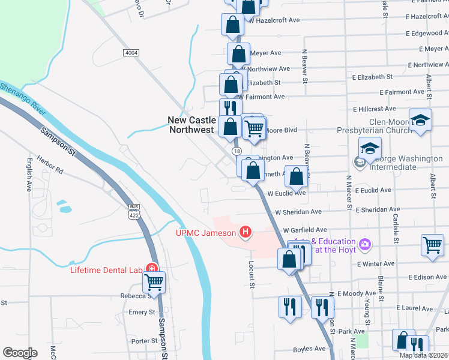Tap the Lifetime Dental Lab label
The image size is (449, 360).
(x=106, y=269)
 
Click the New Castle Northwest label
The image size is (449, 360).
(x=191, y=125)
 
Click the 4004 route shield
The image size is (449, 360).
(x=131, y=53)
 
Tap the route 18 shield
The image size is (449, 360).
(x=237, y=151)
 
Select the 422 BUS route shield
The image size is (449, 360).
(x=133, y=211)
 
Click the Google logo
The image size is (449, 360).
(x=20, y=352)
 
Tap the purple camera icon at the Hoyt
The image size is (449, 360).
(x=364, y=244)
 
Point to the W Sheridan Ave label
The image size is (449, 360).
(x=298, y=212)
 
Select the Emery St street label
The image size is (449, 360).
(x=142, y=313)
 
